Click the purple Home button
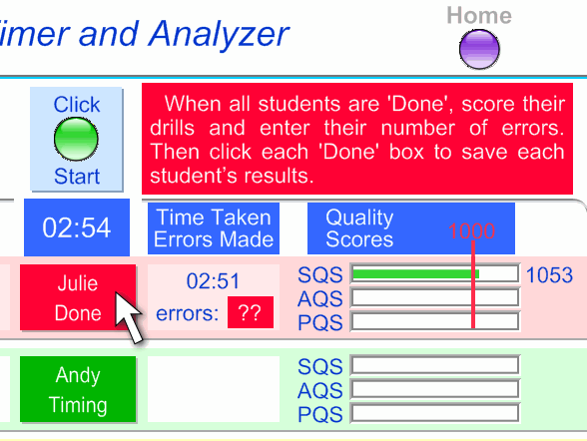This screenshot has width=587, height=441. pyautogui.click(x=479, y=49)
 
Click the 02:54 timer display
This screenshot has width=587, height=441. pyautogui.click(x=77, y=227)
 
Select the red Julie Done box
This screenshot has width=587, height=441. pyautogui.click(x=78, y=297)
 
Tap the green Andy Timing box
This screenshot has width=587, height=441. pyautogui.click(x=78, y=389)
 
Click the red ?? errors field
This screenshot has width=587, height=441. pyautogui.click(x=251, y=312)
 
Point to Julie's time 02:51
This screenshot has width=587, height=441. pyautogui.click(x=213, y=281)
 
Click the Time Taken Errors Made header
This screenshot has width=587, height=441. pyautogui.click(x=214, y=228)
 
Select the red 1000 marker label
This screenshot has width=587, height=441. pyautogui.click(x=471, y=230)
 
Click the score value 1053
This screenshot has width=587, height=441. pyautogui.click(x=549, y=275)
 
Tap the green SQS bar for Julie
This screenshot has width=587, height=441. pyautogui.click(x=415, y=274)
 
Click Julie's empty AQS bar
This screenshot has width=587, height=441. pyautogui.click(x=435, y=297)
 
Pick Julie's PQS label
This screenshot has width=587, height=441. pyautogui.click(x=320, y=322)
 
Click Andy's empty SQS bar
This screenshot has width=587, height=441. pyautogui.click(x=435, y=365)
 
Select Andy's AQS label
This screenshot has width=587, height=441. pyautogui.click(x=320, y=390)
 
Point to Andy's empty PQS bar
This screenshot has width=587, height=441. pyautogui.click(x=435, y=413)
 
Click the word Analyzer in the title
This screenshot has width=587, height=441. pyautogui.click(x=219, y=34)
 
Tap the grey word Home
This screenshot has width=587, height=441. pyautogui.click(x=479, y=16)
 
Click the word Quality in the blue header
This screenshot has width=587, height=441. pyautogui.click(x=359, y=219)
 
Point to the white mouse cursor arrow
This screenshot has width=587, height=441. pyautogui.click(x=128, y=317)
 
